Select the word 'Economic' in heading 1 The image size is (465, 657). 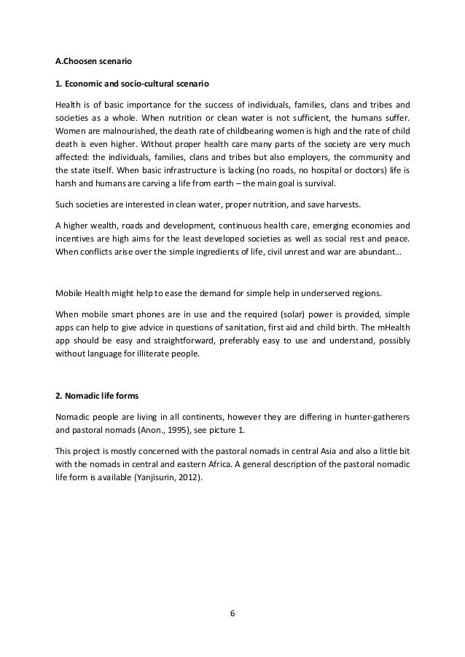click(x=88, y=84)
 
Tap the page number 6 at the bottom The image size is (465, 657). click(x=232, y=612)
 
